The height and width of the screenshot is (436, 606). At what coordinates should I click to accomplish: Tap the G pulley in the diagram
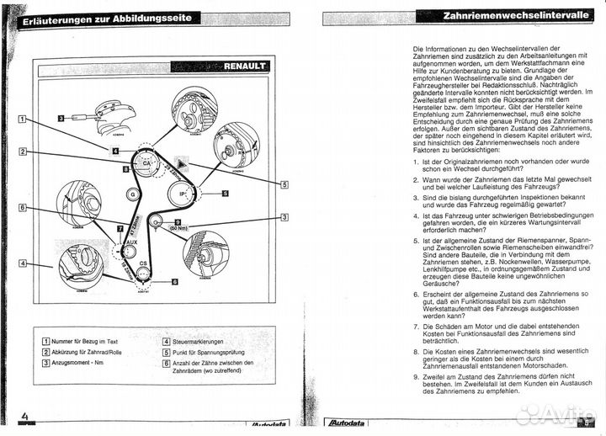132,194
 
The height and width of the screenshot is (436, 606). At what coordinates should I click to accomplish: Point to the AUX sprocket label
130,243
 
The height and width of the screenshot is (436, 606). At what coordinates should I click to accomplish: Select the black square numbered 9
177,221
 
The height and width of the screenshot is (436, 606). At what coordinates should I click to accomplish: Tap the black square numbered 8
126,169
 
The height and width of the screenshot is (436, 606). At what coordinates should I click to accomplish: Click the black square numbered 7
119,227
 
